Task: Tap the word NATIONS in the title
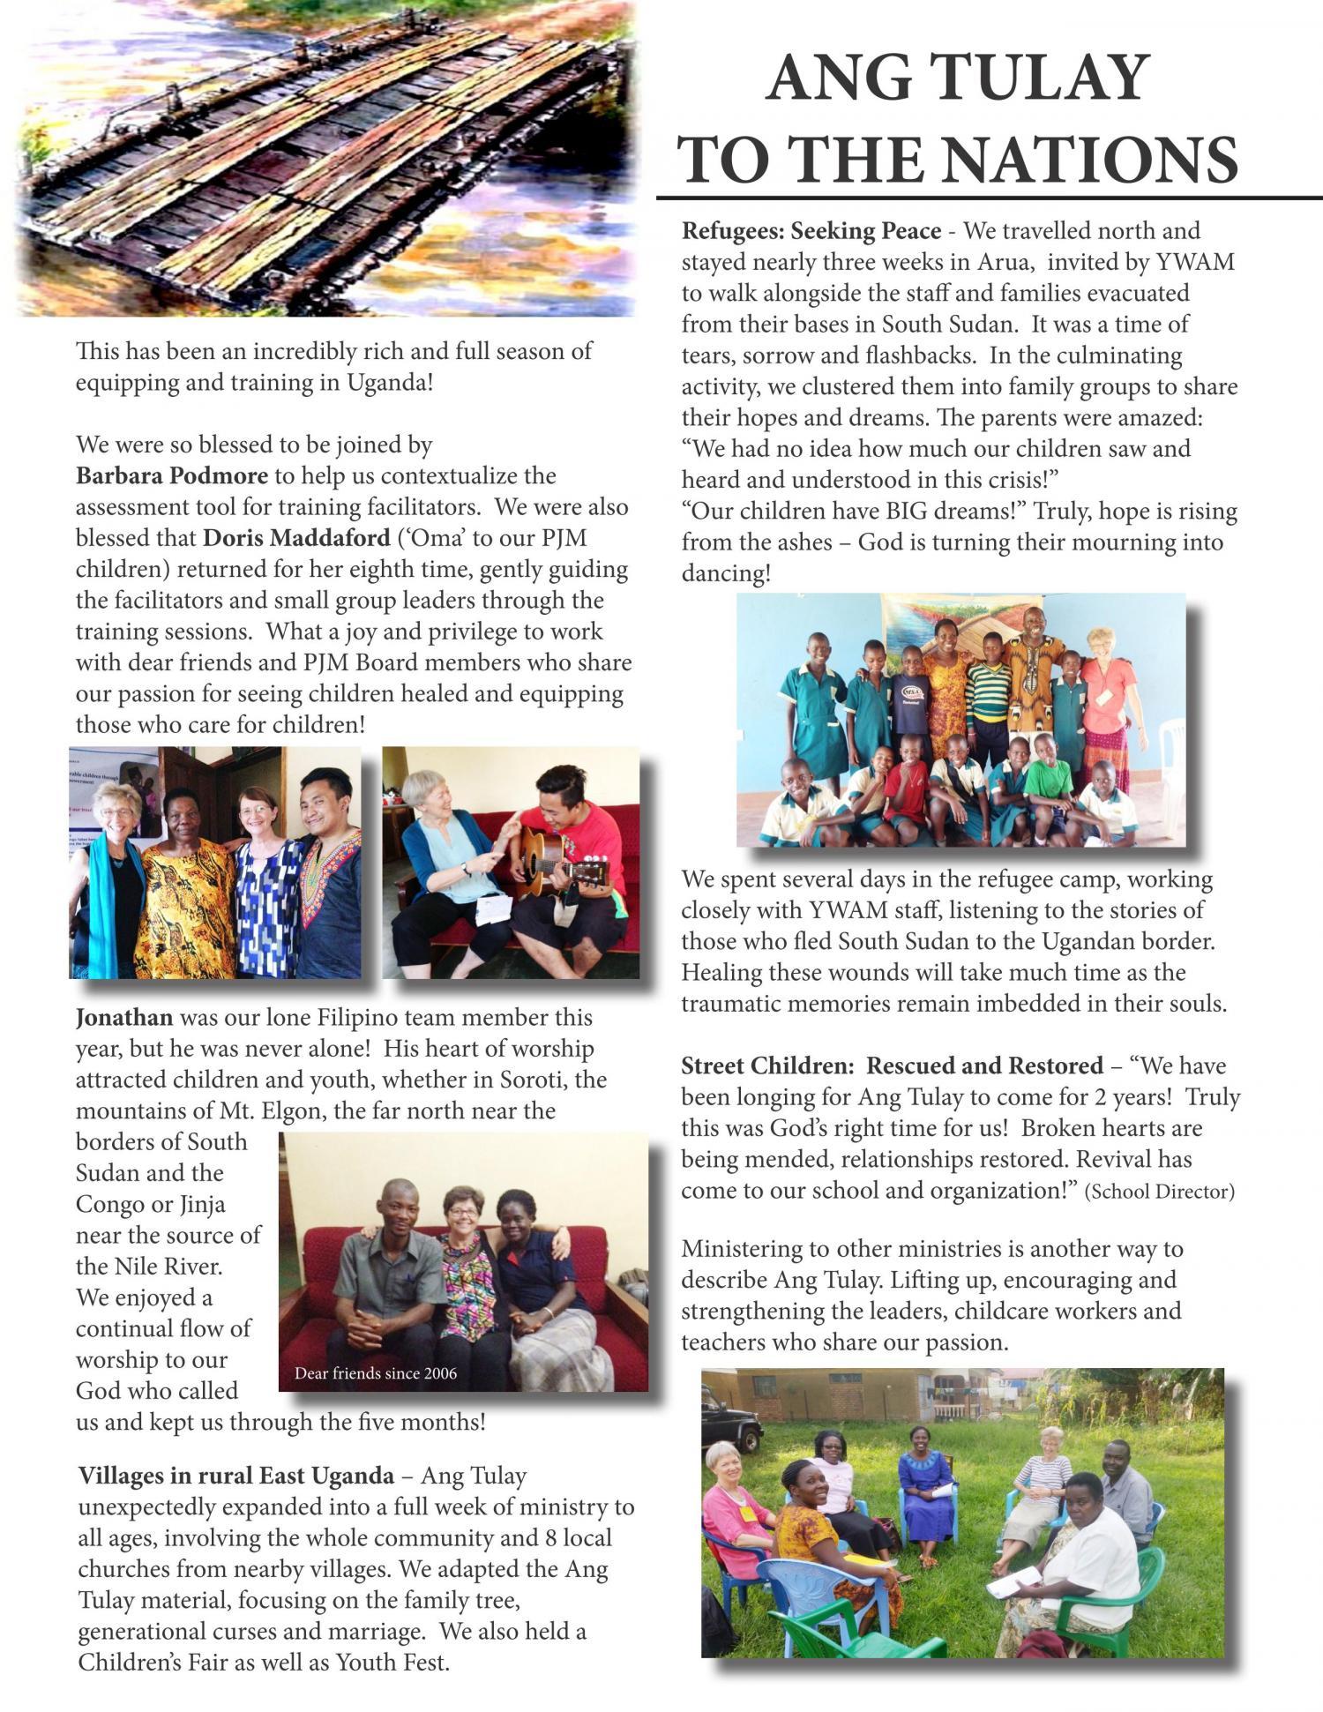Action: [x=1088, y=160]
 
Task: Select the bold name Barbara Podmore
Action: [x=171, y=476]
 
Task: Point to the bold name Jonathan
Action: [x=124, y=1018]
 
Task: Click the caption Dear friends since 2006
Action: [x=376, y=1373]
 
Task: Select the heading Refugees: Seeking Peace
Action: [x=811, y=231]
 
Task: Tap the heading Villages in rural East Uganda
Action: [x=235, y=1476]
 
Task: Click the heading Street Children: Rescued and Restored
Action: [x=892, y=1066]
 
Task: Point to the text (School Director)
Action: [x=1159, y=1192]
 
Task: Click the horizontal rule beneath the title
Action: [x=988, y=198]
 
